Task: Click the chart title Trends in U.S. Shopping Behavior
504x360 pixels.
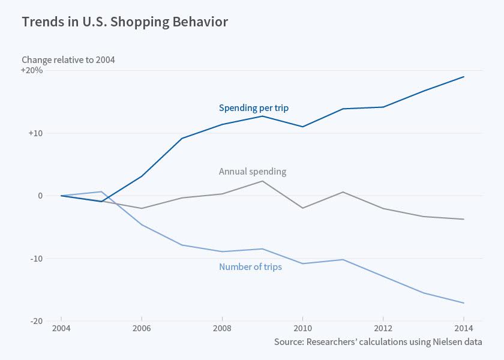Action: pyautogui.click(x=125, y=22)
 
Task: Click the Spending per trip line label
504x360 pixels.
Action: pyautogui.click(x=253, y=108)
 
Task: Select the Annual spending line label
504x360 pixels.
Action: pyautogui.click(x=252, y=172)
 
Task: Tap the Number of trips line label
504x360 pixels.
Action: pyautogui.click(x=250, y=267)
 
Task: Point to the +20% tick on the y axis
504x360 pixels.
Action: pyautogui.click(x=32, y=70)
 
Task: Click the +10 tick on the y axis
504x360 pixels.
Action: pyautogui.click(x=35, y=133)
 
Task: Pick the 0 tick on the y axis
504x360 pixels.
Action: pyautogui.click(x=40, y=196)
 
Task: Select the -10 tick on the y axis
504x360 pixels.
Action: pyautogui.click(x=35, y=259)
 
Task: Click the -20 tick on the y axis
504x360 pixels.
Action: pyautogui.click(x=35, y=322)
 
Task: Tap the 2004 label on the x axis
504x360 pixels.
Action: pyautogui.click(x=61, y=329)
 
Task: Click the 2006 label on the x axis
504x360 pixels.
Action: pyautogui.click(x=142, y=329)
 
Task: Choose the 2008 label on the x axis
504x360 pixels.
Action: pyautogui.click(x=222, y=329)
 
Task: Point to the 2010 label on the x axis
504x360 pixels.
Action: pyautogui.click(x=303, y=329)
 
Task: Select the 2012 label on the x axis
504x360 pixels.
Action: pyautogui.click(x=383, y=329)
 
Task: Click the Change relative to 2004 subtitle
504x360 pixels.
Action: pyautogui.click(x=68, y=59)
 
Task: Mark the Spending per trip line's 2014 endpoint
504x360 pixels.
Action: pyautogui.click(x=464, y=77)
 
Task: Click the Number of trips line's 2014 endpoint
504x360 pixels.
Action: pyautogui.click(x=464, y=303)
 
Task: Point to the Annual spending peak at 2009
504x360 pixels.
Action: pyautogui.click(x=262, y=181)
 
